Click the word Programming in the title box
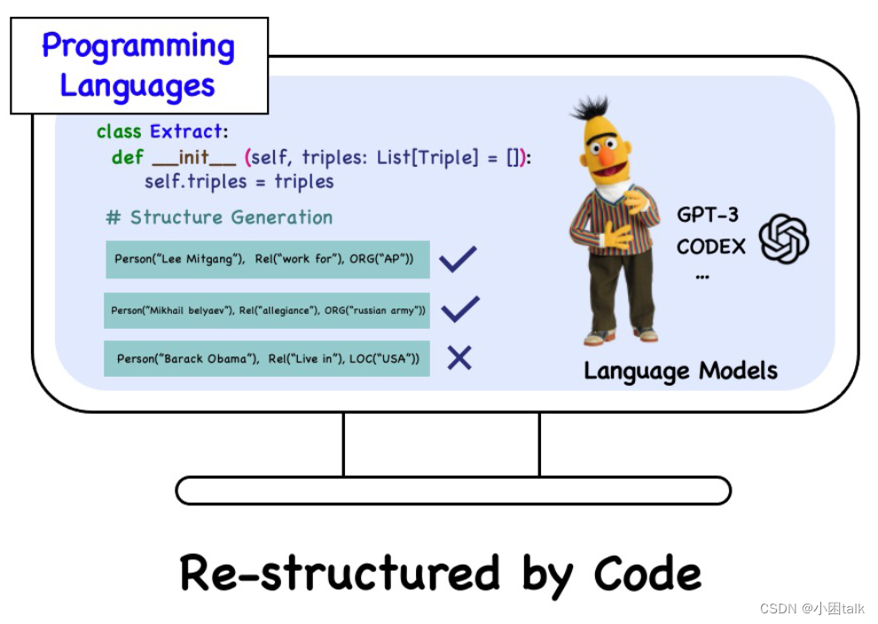click(x=138, y=46)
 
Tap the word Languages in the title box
click(x=137, y=87)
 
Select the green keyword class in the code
click(x=119, y=132)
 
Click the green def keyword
click(x=127, y=158)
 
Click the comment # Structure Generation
click(x=219, y=217)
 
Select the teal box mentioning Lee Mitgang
click(x=267, y=260)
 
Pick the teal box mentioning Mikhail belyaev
click(x=267, y=310)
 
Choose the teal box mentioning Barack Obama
click(x=267, y=359)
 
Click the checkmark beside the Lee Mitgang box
click(x=459, y=259)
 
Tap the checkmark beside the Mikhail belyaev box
click(x=459, y=308)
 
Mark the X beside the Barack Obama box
click(x=459, y=358)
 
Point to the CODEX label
click(x=711, y=246)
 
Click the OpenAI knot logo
click(x=784, y=238)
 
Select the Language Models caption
click(x=680, y=370)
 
